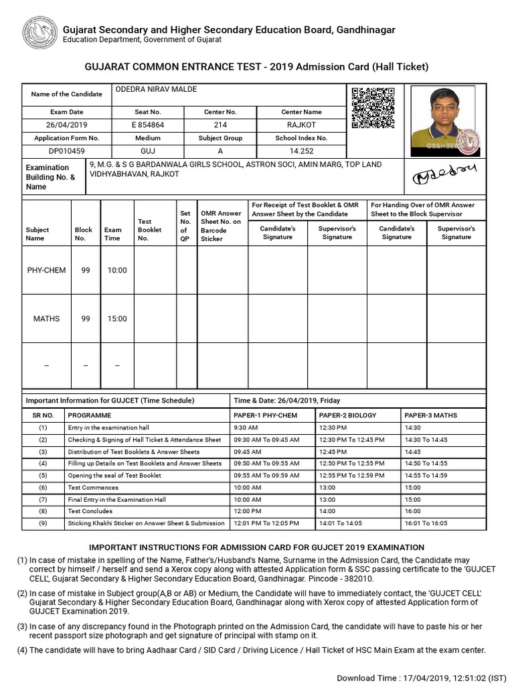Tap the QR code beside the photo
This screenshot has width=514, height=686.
click(373, 108)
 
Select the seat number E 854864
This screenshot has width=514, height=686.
click(148, 125)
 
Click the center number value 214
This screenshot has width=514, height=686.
click(220, 125)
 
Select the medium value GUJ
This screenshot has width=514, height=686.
click(148, 151)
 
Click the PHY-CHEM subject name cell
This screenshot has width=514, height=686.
click(46, 270)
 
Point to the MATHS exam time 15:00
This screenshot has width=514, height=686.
click(116, 319)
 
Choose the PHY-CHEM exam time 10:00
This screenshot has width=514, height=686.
click(116, 270)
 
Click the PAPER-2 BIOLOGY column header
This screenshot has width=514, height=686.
click(348, 415)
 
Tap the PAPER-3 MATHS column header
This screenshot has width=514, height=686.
click(431, 415)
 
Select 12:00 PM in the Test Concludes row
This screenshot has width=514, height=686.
click(247, 511)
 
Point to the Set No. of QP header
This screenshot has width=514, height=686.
click(185, 226)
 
